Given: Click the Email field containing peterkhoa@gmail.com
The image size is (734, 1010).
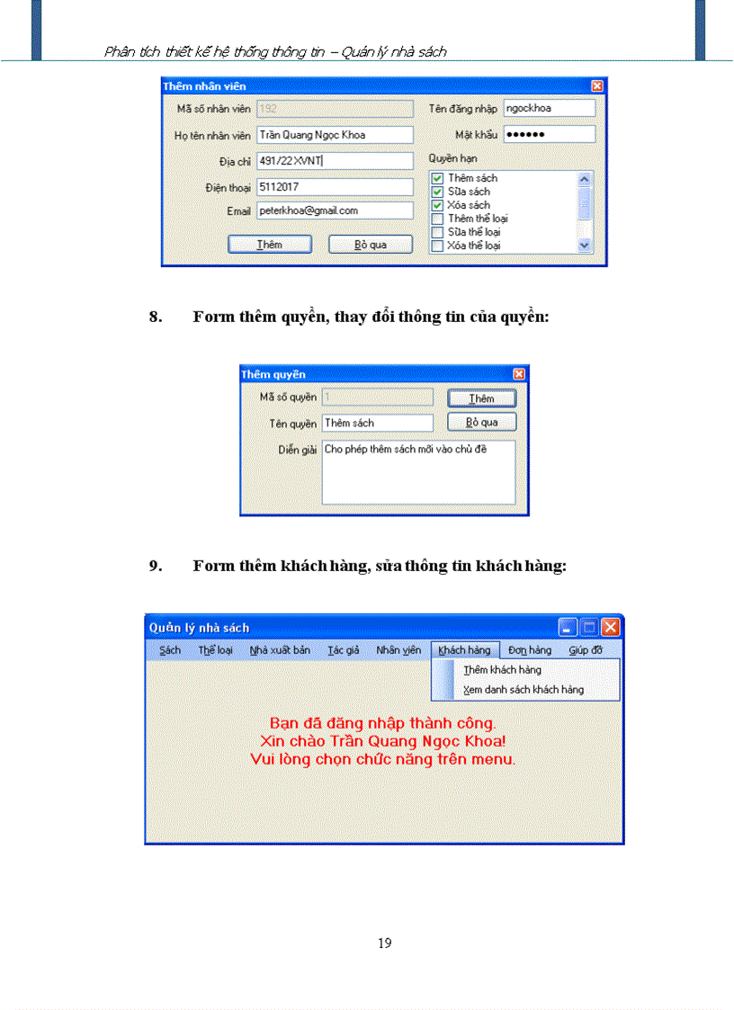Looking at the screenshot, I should pos(334,210).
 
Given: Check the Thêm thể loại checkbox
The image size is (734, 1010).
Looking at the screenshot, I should pos(437,219).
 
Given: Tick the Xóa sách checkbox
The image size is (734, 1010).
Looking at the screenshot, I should pos(437,205).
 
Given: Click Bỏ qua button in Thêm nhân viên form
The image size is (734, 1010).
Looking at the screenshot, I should pos(371,245).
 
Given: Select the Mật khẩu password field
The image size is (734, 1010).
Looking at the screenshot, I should pos(549,135).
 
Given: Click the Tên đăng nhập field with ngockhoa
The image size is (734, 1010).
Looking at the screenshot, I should pos(549,108).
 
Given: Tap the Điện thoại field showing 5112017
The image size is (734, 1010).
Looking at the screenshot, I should pos(334,187).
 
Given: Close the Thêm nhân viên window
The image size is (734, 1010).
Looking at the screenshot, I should pos(597,86).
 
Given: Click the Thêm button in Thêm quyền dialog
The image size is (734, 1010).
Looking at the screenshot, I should pos(481,398).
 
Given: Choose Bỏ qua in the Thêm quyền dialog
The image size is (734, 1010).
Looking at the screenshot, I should pos(481,423).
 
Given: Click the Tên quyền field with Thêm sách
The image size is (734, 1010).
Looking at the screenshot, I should pos(377,423).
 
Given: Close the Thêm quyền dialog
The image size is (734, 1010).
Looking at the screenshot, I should pos(519,374).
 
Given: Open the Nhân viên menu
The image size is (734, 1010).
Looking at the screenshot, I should pos(398,650).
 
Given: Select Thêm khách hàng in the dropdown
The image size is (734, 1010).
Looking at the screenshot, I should pos(502,670).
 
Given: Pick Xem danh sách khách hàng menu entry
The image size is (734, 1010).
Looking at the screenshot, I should pos(523,690).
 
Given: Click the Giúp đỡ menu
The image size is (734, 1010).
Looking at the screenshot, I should pos(586,650).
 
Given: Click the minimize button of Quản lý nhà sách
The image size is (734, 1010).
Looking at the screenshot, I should pos(568,627).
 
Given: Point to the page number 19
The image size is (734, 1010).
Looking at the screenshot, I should pos(385,943).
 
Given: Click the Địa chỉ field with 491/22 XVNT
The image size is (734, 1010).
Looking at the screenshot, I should pos(334,162).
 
